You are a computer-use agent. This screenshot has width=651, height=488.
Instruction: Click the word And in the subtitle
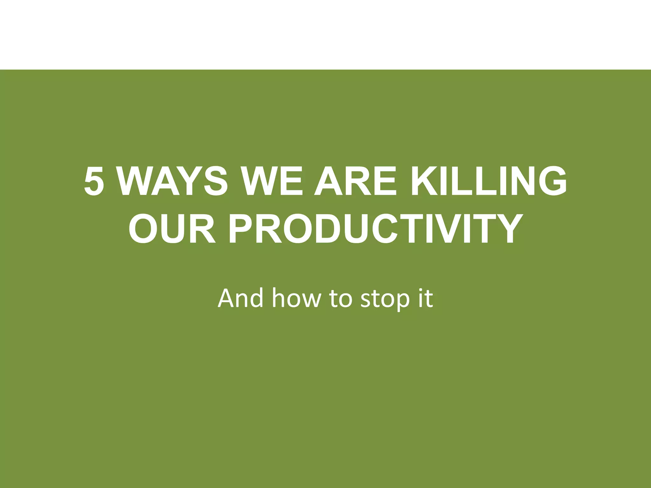[x=240, y=298]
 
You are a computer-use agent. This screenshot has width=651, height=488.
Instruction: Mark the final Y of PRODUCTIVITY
[x=507, y=228]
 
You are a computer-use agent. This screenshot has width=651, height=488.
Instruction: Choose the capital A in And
[x=226, y=298]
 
